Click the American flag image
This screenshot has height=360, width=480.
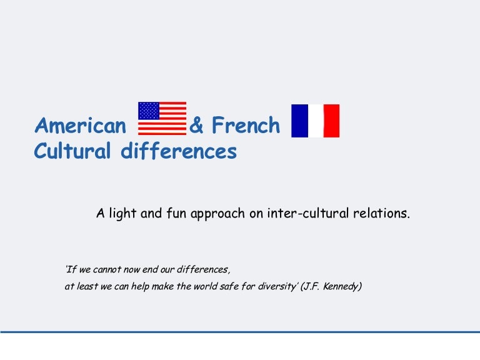(x=162, y=119)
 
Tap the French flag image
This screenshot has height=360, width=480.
(x=316, y=121)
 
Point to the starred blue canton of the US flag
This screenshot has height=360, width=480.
(x=149, y=111)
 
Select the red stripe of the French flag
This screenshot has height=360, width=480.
(x=332, y=121)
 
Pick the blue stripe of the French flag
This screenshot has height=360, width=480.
(x=299, y=121)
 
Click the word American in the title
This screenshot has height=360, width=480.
(x=81, y=126)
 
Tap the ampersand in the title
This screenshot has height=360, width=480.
(x=196, y=126)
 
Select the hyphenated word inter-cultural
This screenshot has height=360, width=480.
(x=311, y=213)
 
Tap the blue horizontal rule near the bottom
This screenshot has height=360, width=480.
(x=240, y=332)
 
